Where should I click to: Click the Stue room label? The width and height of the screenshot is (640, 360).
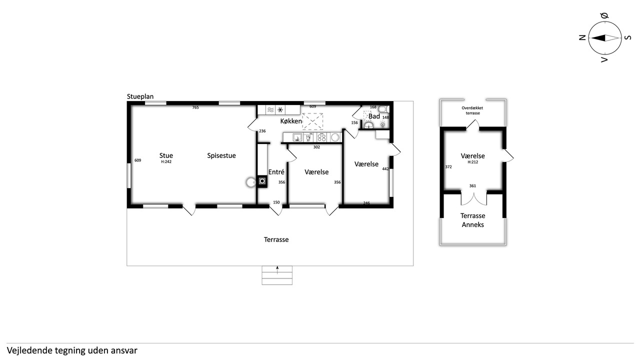coord(166,155)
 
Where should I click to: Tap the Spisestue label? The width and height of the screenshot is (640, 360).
coord(221,155)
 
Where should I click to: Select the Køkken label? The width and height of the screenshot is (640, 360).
coord(291,121)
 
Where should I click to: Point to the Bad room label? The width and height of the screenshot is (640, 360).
coord(374,116)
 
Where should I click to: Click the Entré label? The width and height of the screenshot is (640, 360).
coord(276,172)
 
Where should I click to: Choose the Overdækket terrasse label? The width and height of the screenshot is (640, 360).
coord(472,110)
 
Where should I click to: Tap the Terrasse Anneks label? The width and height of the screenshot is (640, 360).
coord(473,220)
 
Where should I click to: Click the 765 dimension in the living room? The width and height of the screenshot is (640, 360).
coord(195,107)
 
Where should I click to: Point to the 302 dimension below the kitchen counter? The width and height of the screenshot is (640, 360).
coord(316,147)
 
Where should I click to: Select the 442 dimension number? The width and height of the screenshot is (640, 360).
coord(385,169)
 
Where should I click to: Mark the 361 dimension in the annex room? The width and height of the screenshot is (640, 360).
coord(472,185)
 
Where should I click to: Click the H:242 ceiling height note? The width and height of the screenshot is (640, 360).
coord(166,161)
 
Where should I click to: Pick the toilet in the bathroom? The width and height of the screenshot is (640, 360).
coord(383,109)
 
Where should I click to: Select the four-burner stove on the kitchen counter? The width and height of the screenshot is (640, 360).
coord(321,137)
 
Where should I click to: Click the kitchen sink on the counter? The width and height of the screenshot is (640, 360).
coord(297,137)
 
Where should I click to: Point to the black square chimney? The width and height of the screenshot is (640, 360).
coord(262,181)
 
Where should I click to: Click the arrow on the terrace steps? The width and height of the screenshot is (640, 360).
coord(277,270)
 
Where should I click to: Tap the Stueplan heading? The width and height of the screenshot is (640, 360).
coord(140,96)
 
